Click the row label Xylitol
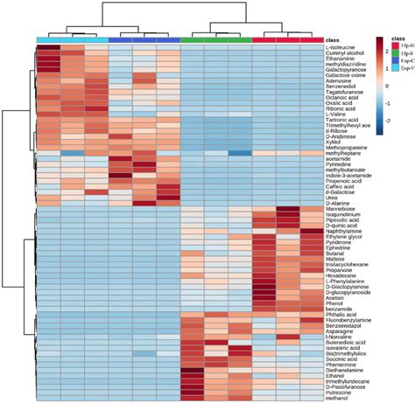335,138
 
